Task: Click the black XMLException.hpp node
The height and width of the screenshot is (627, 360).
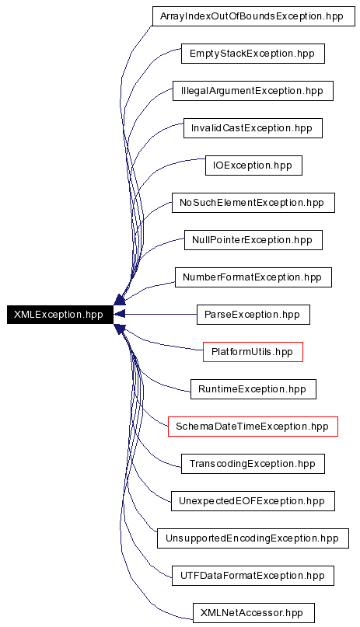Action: (60, 315)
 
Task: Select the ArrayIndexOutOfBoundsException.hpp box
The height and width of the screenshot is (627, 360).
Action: (253, 16)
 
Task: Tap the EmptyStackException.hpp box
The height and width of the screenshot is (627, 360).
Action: (253, 54)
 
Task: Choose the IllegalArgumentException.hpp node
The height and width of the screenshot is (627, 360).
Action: (253, 91)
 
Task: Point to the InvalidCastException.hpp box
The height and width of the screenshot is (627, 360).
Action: (253, 128)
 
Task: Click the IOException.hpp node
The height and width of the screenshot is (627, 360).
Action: (253, 165)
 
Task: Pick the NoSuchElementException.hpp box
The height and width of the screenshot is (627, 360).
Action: (253, 203)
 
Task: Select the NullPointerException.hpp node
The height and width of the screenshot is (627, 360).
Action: (253, 240)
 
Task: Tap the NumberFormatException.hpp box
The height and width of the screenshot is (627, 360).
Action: (253, 277)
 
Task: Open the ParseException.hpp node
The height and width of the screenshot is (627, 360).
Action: (253, 315)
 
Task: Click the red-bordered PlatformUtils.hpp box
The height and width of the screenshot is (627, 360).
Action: (253, 352)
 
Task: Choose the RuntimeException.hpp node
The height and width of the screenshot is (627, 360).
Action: (253, 389)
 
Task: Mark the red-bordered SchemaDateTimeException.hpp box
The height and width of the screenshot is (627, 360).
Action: (253, 427)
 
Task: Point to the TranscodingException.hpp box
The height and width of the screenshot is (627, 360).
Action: (253, 464)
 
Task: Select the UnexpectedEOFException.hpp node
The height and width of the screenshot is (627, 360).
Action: (253, 501)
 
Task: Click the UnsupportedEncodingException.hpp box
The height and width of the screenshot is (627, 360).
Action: (253, 538)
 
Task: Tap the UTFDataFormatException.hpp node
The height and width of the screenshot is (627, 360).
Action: (253, 576)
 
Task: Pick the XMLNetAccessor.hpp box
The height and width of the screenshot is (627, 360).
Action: (253, 612)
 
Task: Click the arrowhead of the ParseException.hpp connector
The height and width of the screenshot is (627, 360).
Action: (120, 315)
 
